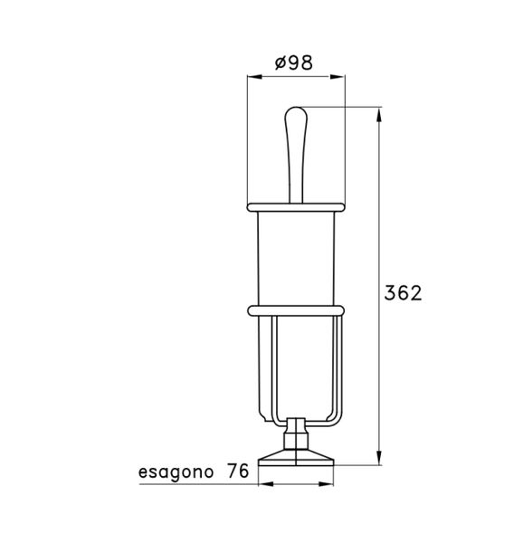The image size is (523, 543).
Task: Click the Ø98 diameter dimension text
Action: [295, 63]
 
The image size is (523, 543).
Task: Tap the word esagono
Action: [176, 472]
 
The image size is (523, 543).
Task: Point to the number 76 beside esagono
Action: [239, 472]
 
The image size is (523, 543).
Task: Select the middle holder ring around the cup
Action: [296, 311]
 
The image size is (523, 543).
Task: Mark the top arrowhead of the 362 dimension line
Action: [377, 113]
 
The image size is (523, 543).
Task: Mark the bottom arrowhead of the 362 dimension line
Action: [377, 461]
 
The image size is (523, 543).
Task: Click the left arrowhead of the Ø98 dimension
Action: [252, 78]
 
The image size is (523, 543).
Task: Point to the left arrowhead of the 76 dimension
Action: [263, 484]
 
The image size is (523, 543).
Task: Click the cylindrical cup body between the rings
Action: [296, 258]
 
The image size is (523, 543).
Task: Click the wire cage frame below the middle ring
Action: [263, 371]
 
